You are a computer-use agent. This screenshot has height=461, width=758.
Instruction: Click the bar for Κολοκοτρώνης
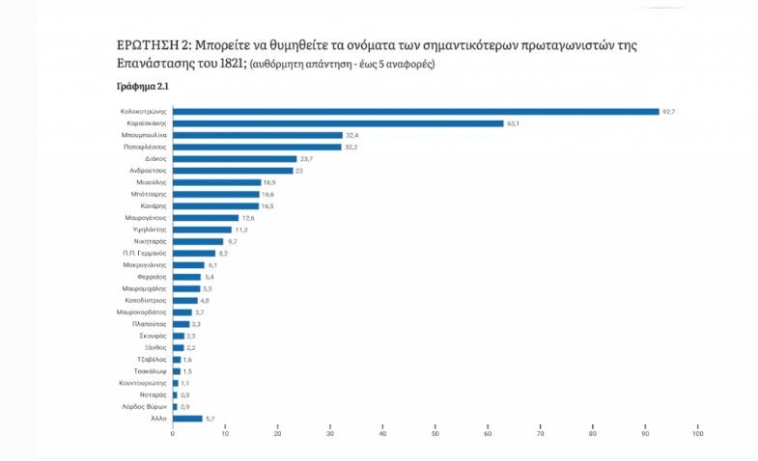(415, 112)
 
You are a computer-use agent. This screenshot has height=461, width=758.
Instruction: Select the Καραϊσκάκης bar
(338, 123)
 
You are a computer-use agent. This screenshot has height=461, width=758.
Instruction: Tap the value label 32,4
(351, 135)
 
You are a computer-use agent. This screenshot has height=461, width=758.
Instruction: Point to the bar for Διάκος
(235, 158)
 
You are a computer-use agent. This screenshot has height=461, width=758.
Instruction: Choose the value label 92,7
(668, 112)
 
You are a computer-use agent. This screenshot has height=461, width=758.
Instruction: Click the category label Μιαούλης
(152, 181)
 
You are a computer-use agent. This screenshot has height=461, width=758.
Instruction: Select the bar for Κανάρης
(215, 205)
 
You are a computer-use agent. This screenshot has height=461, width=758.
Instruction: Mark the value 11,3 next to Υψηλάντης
(240, 230)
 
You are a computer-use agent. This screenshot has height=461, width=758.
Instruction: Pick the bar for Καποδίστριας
(185, 300)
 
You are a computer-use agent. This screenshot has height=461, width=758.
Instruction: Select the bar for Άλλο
(187, 419)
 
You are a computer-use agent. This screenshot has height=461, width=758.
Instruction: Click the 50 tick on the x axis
(435, 434)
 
